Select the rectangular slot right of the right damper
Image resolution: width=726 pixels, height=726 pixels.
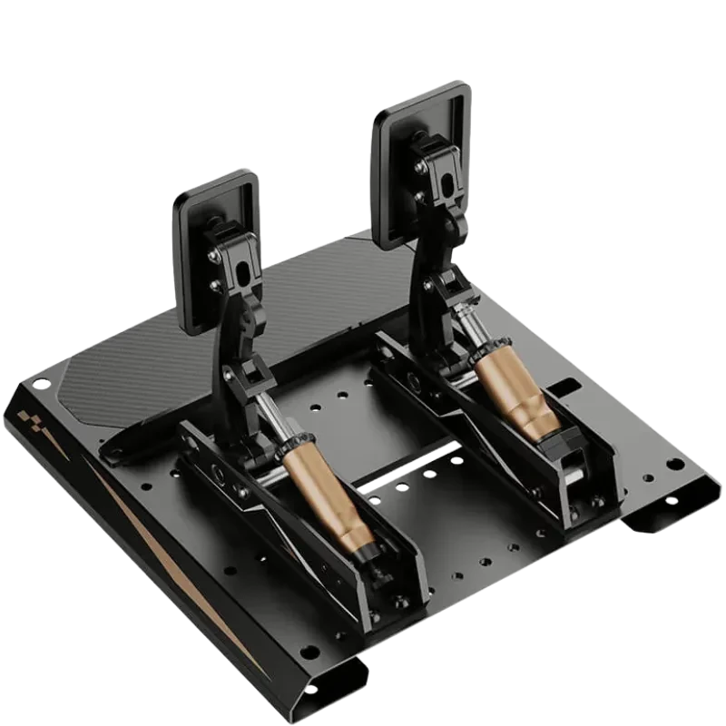pyautogui.click(x=564, y=389)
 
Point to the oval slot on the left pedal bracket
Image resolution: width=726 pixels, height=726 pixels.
pyautogui.click(x=243, y=271)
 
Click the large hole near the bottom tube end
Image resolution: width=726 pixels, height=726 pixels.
pyautogui.click(x=309, y=651)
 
